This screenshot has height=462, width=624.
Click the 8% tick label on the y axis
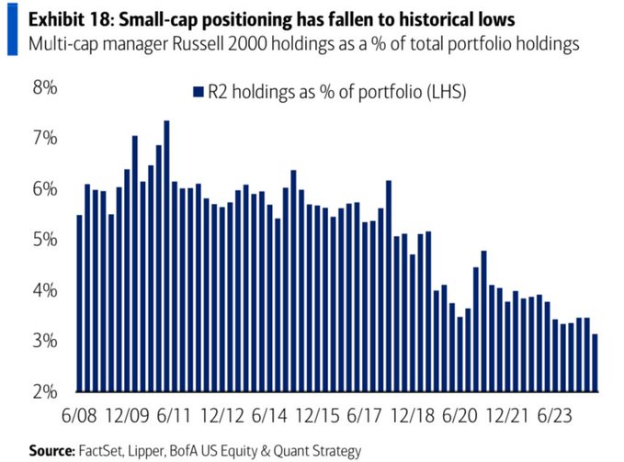(x=45, y=88)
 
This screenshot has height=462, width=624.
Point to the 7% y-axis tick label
(x=45, y=139)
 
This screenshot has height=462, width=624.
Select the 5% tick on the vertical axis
(x=45, y=240)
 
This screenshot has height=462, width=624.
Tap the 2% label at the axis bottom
(x=45, y=392)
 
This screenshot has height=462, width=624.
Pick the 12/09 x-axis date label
(x=139, y=415)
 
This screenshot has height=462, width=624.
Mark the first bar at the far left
(x=79, y=303)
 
